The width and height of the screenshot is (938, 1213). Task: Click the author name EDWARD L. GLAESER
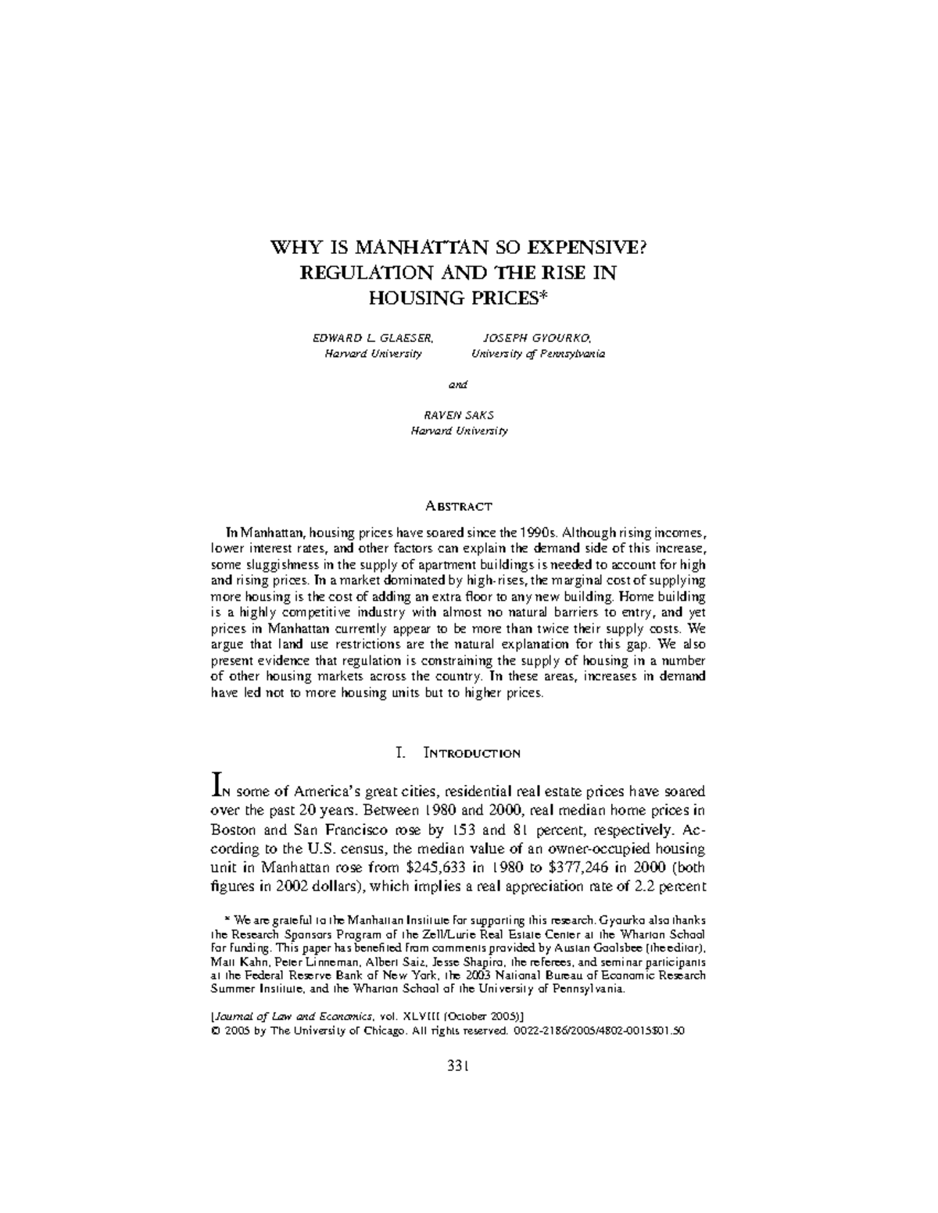373,338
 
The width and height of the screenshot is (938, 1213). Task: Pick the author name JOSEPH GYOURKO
537,338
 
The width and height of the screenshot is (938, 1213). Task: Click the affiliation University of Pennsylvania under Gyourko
537,354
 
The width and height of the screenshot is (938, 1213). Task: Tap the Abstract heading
459,506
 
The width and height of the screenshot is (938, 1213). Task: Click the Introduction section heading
471,754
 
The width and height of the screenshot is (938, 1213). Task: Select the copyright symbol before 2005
216,1030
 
